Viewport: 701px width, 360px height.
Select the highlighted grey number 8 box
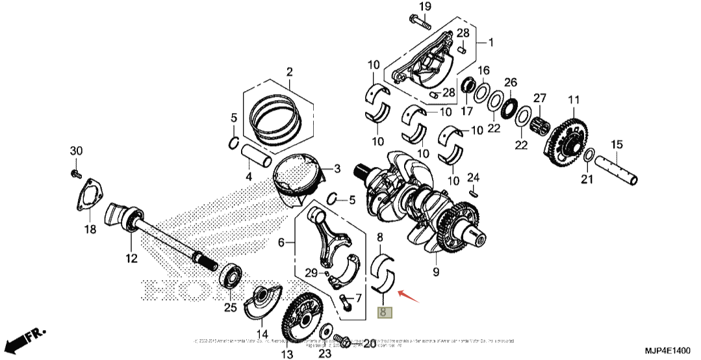(x=385, y=313)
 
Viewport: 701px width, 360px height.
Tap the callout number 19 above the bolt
(x=424, y=7)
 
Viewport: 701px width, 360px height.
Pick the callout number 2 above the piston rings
(x=290, y=71)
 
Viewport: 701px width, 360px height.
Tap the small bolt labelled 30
(x=75, y=174)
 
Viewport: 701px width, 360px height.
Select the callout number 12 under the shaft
(x=132, y=259)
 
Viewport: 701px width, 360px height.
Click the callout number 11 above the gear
(x=574, y=100)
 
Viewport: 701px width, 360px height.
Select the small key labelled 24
(x=474, y=191)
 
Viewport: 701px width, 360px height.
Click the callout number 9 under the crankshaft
(x=435, y=270)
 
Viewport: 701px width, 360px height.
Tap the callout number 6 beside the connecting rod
(x=281, y=243)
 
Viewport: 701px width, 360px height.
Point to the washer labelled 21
(x=587, y=156)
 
